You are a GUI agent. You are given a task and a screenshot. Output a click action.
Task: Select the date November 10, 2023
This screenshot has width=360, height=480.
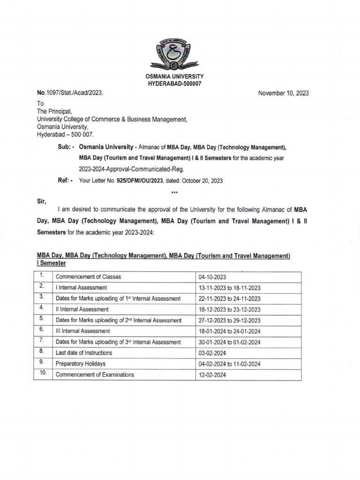[283, 93]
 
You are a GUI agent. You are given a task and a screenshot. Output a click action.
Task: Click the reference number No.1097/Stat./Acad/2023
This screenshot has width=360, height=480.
[70, 93]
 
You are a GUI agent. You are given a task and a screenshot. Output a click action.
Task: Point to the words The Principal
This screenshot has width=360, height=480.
[54, 112]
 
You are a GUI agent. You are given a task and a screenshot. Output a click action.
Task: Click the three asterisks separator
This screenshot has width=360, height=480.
[175, 192]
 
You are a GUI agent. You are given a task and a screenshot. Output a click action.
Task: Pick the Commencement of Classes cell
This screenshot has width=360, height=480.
[88, 277]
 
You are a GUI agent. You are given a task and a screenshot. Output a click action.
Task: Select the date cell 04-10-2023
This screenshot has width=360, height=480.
[212, 277]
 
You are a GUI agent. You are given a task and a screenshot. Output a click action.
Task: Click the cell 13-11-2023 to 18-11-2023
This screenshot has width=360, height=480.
[229, 288]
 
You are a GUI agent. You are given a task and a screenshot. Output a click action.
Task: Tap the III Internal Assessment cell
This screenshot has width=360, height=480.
[82, 331]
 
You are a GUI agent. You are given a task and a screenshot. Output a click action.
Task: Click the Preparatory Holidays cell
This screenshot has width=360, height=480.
[81, 364]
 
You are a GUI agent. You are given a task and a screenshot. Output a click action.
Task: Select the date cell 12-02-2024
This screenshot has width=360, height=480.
[212, 375]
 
